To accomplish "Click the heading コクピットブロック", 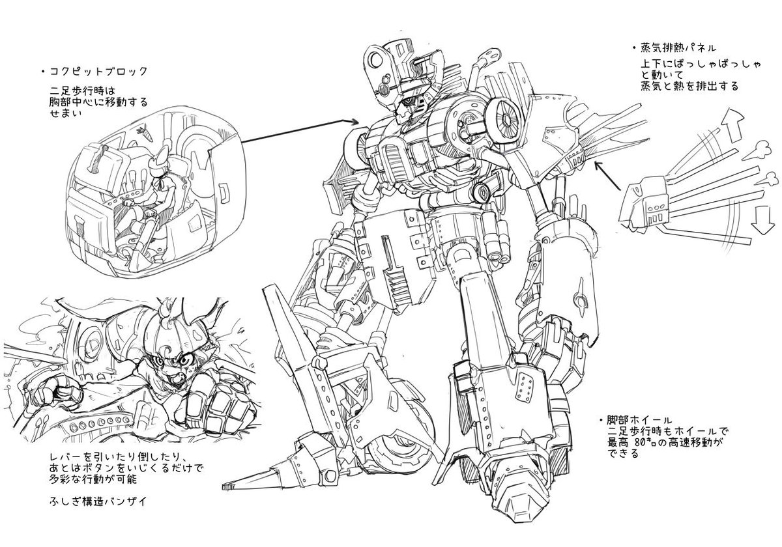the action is tap(98, 72).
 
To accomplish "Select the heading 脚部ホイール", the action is tap(639, 419).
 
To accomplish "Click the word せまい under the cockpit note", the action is tap(66, 114).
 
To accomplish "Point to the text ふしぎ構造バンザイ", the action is tap(98, 501).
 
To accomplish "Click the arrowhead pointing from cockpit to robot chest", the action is tap(355, 121).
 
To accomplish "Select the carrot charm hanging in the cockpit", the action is tap(143, 134).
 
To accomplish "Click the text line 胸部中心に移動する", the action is tap(99, 103).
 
